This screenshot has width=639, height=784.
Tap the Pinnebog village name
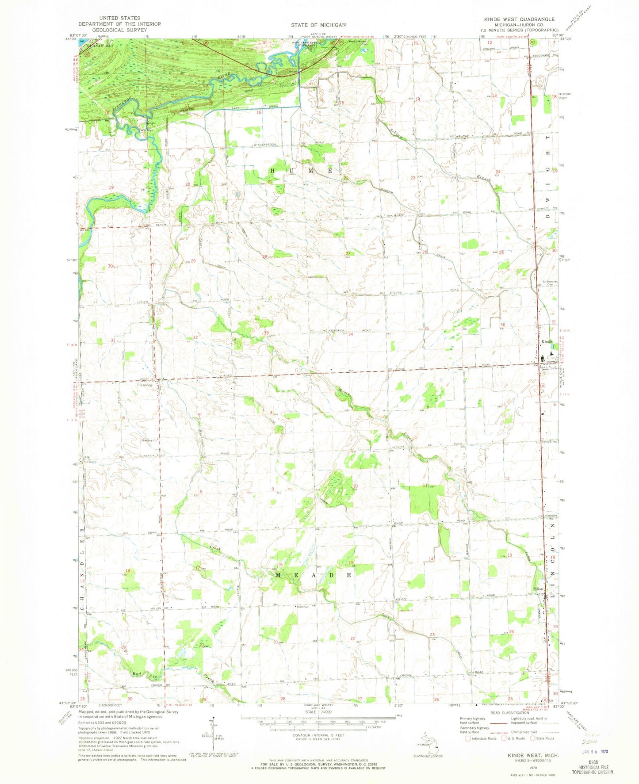[145, 385]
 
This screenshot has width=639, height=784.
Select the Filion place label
[538, 589]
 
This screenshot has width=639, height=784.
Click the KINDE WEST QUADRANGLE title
[519, 19]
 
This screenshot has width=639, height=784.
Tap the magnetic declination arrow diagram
[214, 738]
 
